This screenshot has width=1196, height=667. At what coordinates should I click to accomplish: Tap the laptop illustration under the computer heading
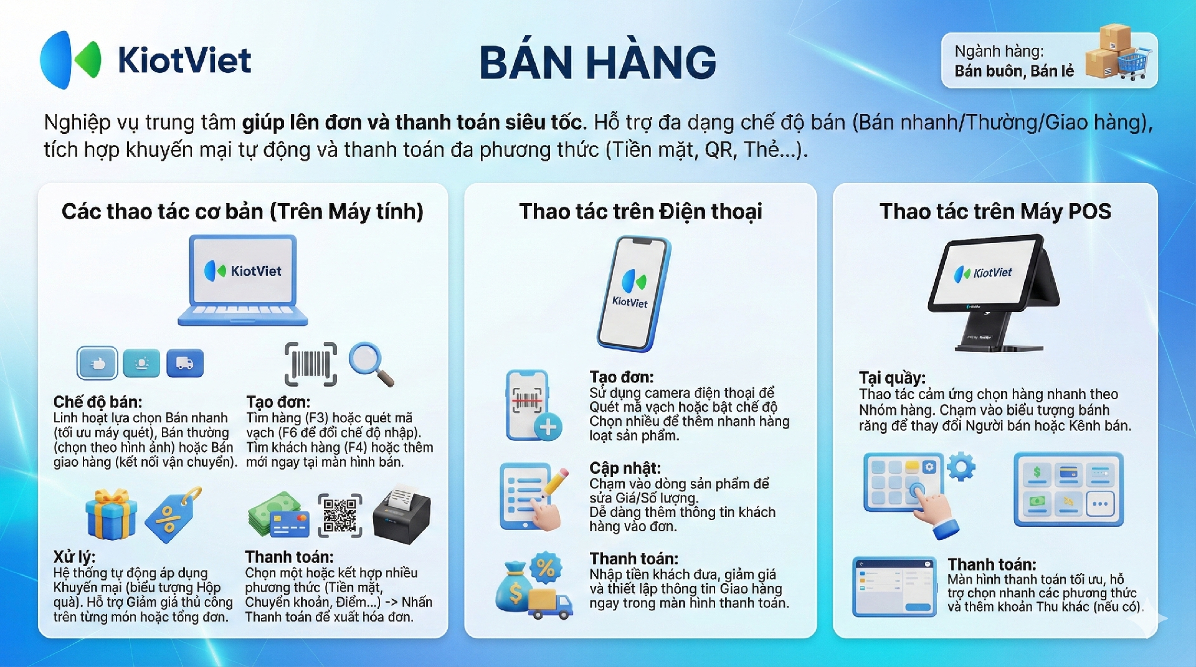point(243,280)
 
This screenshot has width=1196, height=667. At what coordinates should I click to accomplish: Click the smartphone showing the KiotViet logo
point(633,293)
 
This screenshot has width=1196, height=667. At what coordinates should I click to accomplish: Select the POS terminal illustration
point(994,291)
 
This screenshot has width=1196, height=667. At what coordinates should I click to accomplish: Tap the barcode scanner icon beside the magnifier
point(311,364)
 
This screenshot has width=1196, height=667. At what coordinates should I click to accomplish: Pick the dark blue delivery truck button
point(185,363)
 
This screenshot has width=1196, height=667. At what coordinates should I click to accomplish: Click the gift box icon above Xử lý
point(112,514)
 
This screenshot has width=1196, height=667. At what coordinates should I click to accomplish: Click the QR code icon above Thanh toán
point(340,516)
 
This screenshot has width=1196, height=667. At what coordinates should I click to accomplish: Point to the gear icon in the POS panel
point(961,466)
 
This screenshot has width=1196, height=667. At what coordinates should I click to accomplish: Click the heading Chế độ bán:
point(98,402)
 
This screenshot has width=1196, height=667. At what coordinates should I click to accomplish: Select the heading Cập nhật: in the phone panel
point(625,468)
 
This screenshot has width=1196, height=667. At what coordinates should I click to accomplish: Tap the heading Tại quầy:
point(892,377)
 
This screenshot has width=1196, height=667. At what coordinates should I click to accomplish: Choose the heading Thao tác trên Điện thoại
point(640,212)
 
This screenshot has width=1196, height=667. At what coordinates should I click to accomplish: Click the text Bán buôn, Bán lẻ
point(1014,71)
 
